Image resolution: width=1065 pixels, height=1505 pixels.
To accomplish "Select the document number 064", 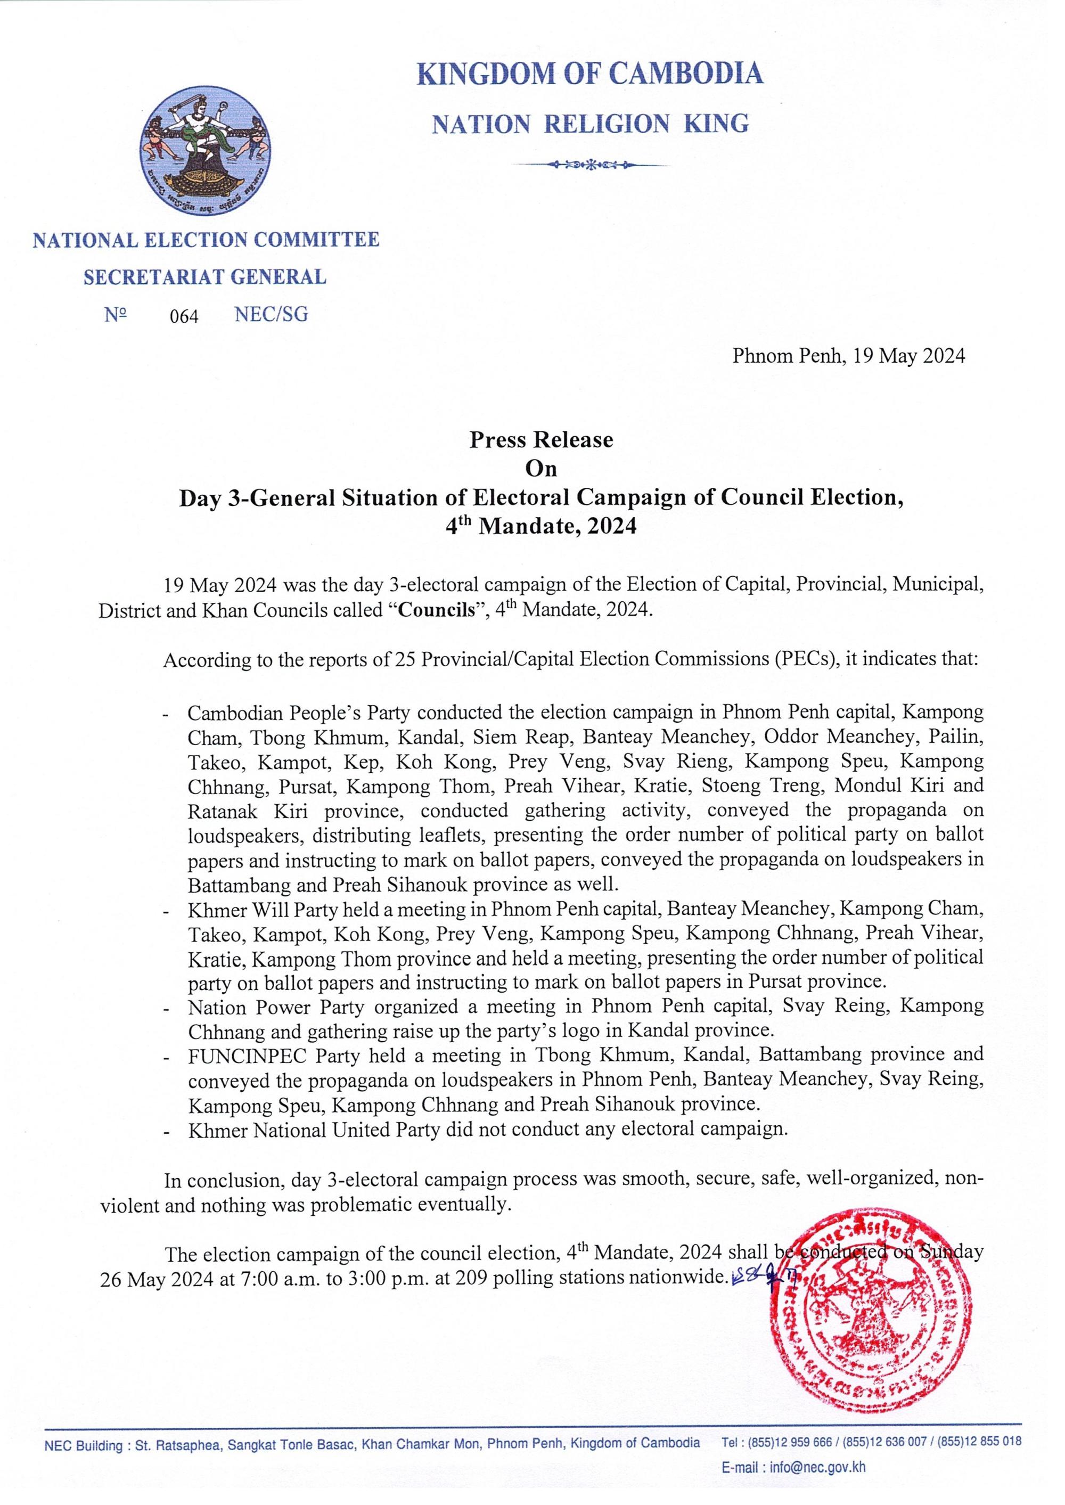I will coord(184,317).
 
